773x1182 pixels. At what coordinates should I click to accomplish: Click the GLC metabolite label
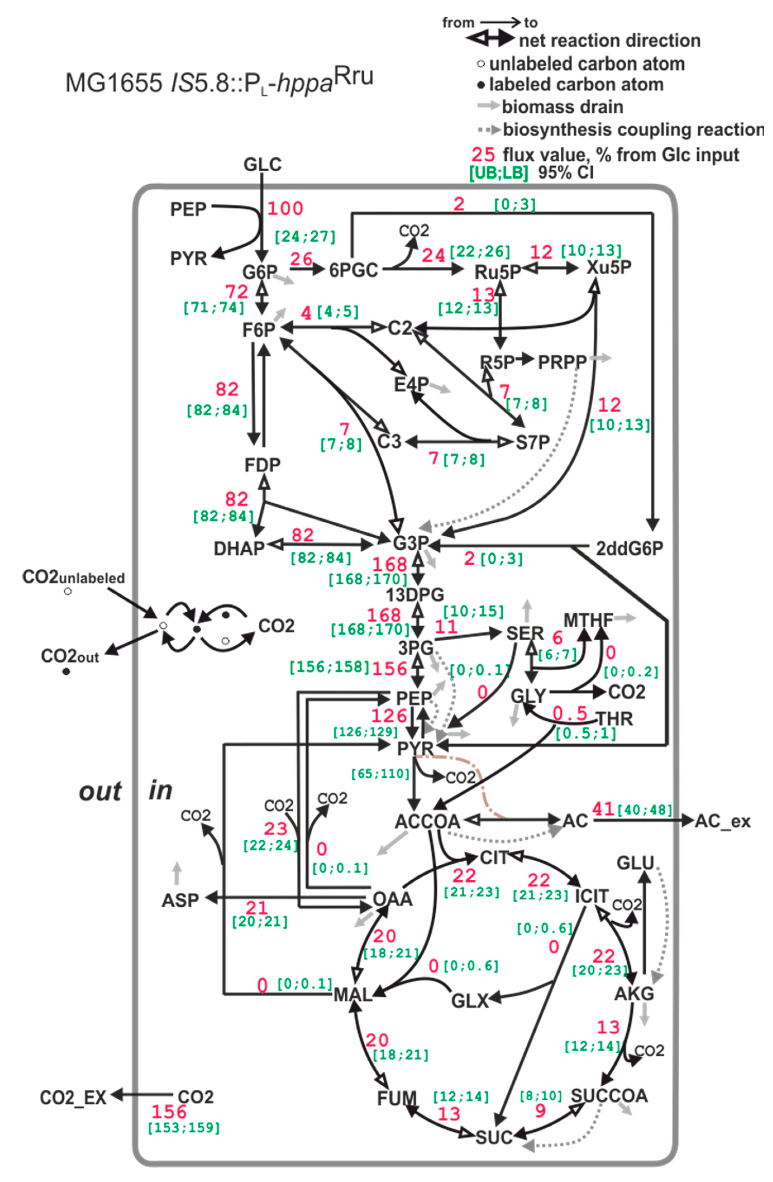[263, 164]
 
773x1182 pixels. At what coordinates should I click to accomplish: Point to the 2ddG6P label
[629, 548]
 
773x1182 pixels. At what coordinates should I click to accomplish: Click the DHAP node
[239, 548]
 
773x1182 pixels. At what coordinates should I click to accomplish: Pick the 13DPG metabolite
[415, 594]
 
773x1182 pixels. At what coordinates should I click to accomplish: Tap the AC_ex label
[722, 821]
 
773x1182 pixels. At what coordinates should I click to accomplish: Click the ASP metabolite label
[180, 900]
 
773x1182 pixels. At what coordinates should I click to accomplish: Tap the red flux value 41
[603, 809]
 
